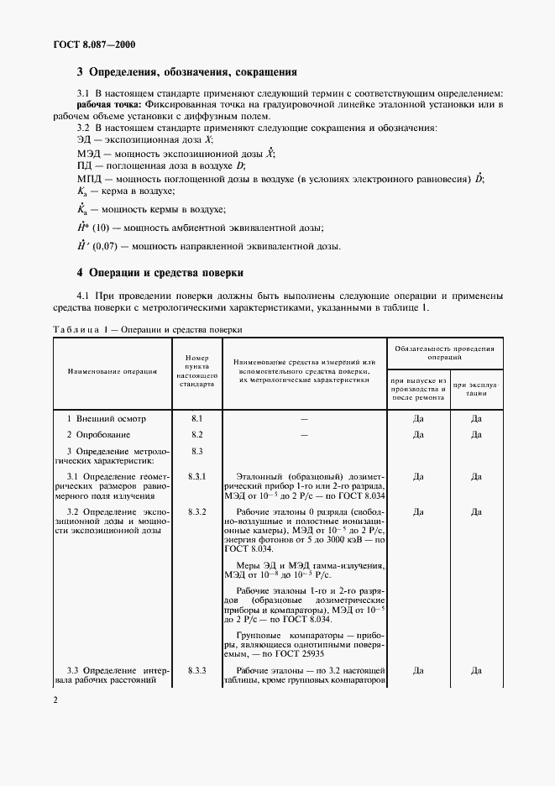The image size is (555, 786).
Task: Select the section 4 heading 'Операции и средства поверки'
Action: (166, 273)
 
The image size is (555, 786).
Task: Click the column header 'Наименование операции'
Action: (107, 369)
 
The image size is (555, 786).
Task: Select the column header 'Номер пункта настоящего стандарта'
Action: (197, 369)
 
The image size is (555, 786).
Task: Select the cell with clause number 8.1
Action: (197, 417)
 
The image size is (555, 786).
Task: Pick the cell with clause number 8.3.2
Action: (197, 511)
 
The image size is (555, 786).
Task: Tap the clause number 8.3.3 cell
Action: (197, 670)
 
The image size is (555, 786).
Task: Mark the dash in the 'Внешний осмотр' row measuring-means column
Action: (304, 417)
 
